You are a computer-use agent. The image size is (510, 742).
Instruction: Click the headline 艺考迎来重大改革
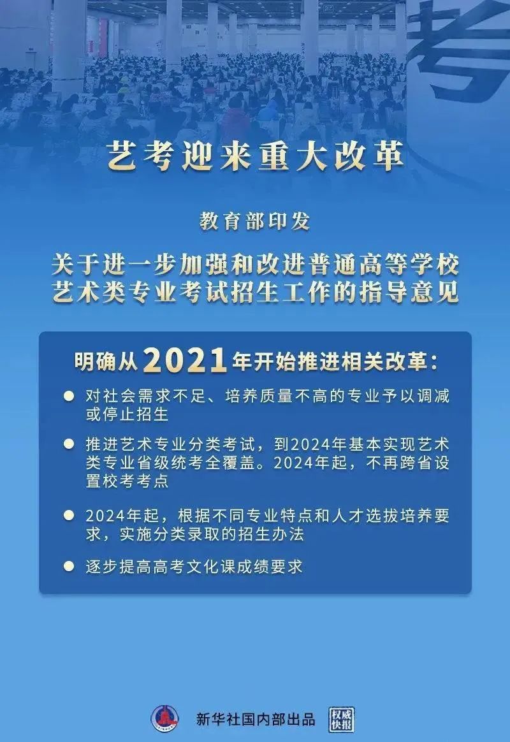[x=255, y=156]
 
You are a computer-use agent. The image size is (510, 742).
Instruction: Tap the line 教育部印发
[x=254, y=221]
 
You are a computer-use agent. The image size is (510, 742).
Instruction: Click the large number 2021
[x=184, y=360]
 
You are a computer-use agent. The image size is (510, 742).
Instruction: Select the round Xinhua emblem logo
[x=164, y=719]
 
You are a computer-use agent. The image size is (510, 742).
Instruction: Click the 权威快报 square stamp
[x=342, y=719]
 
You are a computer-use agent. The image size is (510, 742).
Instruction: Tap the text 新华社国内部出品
[x=256, y=719]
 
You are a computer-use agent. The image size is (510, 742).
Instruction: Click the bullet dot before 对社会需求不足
[x=69, y=396]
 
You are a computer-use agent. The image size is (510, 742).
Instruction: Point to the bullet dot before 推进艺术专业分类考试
[x=69, y=444]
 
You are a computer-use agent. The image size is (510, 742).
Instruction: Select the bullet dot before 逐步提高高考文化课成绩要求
[x=69, y=566]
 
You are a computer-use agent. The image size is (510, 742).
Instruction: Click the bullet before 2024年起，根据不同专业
[x=69, y=515]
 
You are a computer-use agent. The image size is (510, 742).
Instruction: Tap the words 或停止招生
[x=127, y=414]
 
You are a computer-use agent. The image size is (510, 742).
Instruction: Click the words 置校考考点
[x=127, y=481]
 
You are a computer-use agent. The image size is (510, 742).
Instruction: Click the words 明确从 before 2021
[x=106, y=362]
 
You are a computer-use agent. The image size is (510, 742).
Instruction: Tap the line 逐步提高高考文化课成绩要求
[x=194, y=567]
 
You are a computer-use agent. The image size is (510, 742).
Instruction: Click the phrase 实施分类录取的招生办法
[x=212, y=534]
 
